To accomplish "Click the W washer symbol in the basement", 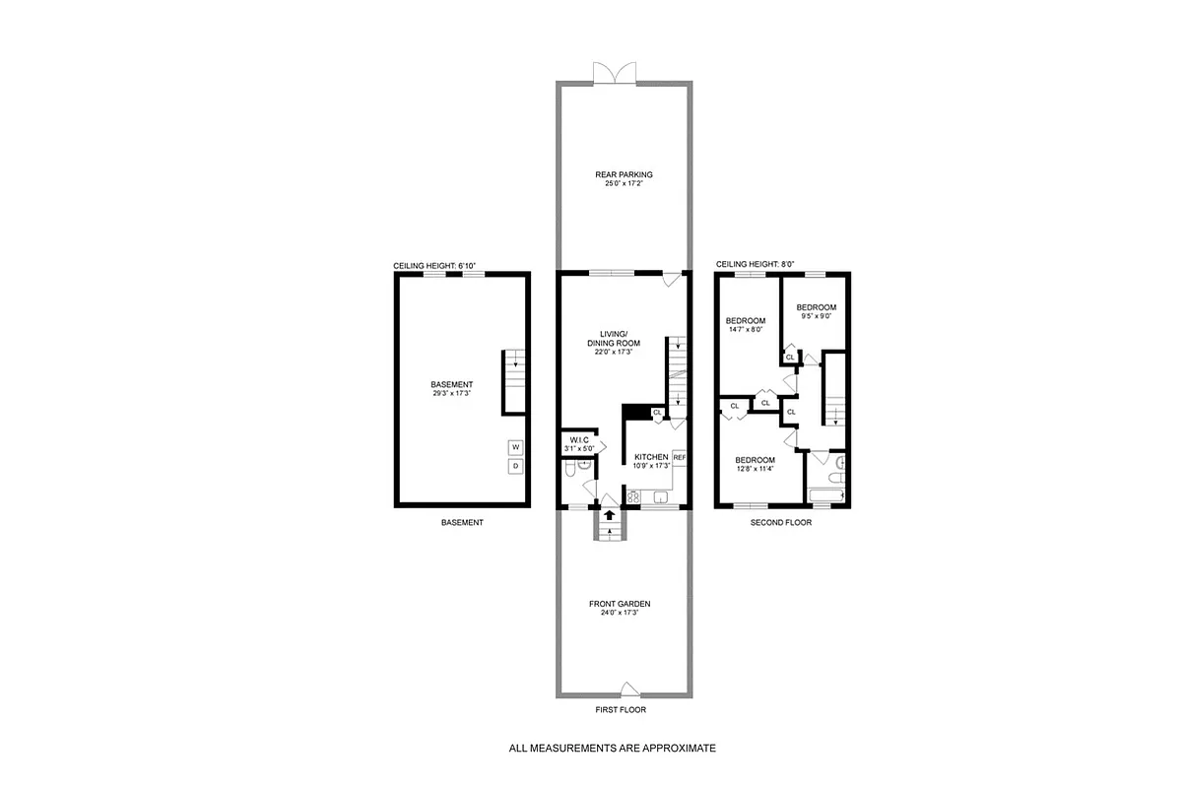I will pos(515,447).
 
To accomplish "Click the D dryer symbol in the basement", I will pos(515,466).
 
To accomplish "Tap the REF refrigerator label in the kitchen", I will pos(679,458).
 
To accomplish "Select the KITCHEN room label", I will pos(650,457).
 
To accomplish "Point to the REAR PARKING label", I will pos(624,175).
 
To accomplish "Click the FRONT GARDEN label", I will pos(620,604).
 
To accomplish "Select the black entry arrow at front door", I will pos(609,513).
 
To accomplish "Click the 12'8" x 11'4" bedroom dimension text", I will pos(755,469).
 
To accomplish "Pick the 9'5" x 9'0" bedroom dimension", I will pos(816,316).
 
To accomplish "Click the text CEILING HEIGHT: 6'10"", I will pos(434,266).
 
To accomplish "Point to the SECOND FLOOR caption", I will pos(780,523).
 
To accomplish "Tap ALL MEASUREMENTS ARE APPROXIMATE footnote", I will pos(612,748).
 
